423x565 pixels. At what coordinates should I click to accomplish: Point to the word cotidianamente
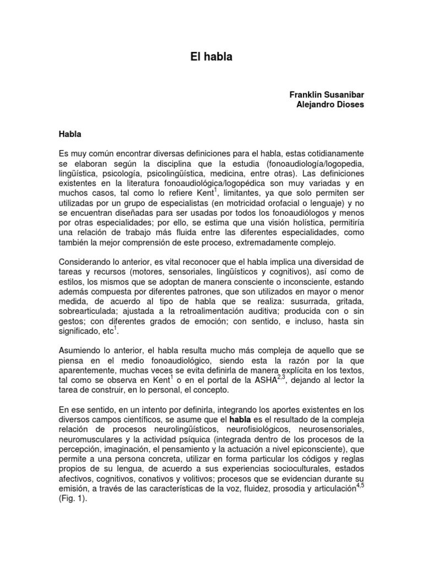[330, 152]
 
